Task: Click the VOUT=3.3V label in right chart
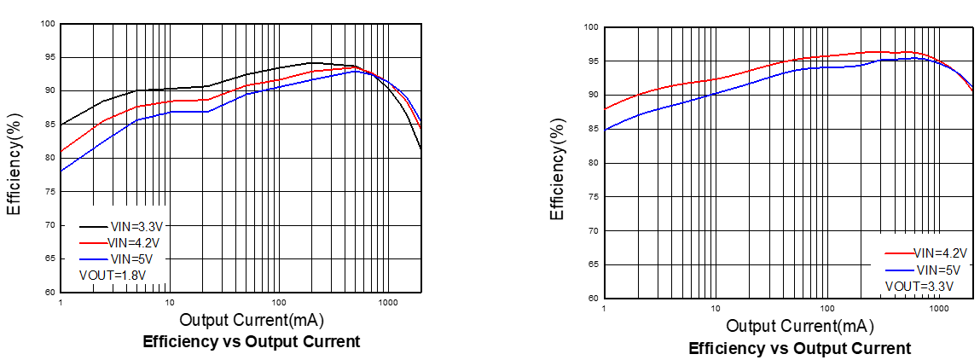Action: (x=919, y=285)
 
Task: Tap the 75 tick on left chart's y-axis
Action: (x=49, y=192)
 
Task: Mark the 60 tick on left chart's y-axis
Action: (x=49, y=292)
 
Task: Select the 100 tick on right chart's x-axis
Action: (x=826, y=308)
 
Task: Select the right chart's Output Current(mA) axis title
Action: (x=799, y=327)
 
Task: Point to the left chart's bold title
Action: (x=251, y=342)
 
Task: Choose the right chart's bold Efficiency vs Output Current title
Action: (x=799, y=348)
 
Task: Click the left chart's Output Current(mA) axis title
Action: (x=252, y=321)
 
